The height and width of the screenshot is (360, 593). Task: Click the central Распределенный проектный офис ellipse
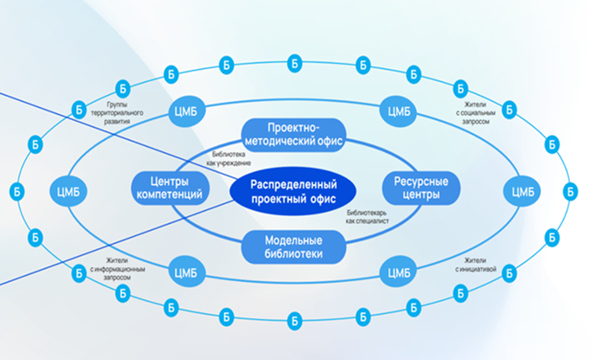click(x=293, y=191)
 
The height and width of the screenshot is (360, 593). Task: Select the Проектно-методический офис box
click(x=294, y=134)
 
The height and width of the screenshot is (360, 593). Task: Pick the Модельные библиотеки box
click(x=294, y=246)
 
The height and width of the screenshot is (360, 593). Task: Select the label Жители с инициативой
click(x=476, y=265)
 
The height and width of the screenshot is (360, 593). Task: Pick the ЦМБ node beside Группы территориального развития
click(x=187, y=112)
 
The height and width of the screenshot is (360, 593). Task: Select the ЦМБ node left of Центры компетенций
click(x=68, y=192)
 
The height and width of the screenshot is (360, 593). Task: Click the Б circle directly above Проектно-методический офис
click(x=294, y=62)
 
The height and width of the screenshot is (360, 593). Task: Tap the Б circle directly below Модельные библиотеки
click(x=294, y=321)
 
